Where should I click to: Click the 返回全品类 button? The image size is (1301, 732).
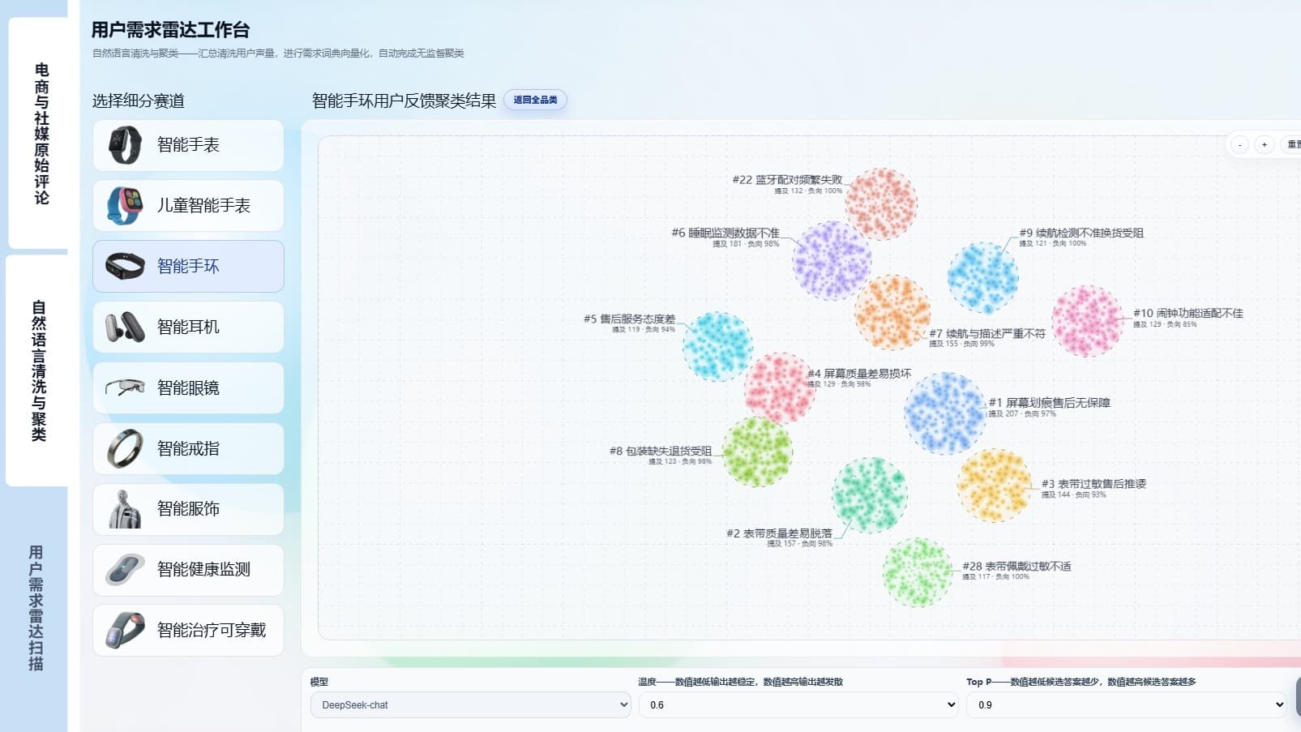(x=535, y=100)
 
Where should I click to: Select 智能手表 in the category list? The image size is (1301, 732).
(x=188, y=145)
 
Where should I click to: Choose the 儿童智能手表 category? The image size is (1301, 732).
(x=188, y=206)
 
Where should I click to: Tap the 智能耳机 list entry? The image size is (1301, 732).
(x=188, y=327)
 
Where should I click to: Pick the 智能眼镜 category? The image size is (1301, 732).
(x=188, y=387)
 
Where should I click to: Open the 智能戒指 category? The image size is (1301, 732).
(x=188, y=448)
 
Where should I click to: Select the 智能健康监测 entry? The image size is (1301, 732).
(x=188, y=569)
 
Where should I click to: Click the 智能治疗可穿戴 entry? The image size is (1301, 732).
(x=188, y=630)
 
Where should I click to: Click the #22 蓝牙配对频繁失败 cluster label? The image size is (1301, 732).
(x=787, y=180)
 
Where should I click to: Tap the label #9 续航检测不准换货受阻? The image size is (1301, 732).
(x=1081, y=233)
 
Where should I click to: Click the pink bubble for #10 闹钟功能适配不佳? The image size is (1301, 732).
(x=1087, y=321)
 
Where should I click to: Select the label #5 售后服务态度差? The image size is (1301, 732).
(x=629, y=319)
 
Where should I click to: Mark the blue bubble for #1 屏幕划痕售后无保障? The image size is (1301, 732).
(x=944, y=413)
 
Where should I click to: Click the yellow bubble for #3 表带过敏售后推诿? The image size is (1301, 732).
(x=995, y=485)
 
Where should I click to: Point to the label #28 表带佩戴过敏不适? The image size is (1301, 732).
(x=1016, y=567)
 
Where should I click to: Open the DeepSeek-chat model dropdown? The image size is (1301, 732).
(x=470, y=704)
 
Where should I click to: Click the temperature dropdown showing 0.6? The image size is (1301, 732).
(x=798, y=704)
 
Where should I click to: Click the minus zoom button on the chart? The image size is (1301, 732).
(x=1239, y=145)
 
